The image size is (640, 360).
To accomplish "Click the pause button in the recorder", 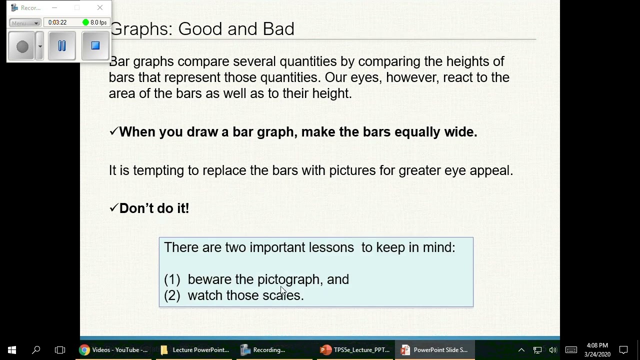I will pyautogui.click(x=62, y=46).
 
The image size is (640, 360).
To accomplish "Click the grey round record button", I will pyautogui.click(x=22, y=46).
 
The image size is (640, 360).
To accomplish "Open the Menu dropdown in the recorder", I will pyautogui.click(x=24, y=23).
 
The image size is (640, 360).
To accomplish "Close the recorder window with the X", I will pyautogui.click(x=100, y=8).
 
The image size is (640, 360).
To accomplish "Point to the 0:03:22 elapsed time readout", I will pyautogui.click(x=57, y=22).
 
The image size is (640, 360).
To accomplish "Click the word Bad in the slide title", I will pyautogui.click(x=278, y=29).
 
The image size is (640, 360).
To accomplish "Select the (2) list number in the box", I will pyautogui.click(x=172, y=295).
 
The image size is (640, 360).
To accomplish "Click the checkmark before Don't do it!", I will pyautogui.click(x=113, y=208).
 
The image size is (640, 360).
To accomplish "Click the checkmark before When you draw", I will pyautogui.click(x=113, y=131).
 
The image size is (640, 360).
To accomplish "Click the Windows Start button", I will pyautogui.click(x=12, y=350).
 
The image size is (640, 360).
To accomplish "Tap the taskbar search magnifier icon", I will pyautogui.click(x=36, y=350).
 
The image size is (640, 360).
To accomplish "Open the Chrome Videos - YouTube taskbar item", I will pyautogui.click(x=114, y=350).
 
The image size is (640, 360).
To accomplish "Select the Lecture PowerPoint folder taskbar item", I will pyautogui.click(x=194, y=350).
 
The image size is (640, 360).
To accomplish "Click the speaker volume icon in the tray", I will pyautogui.click(x=552, y=350).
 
